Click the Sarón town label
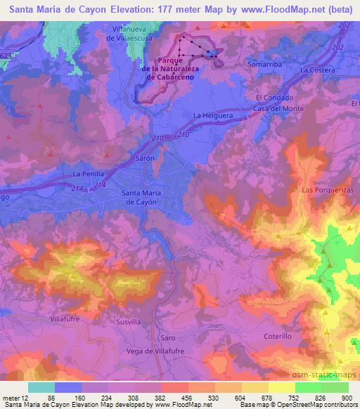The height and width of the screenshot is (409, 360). tap(145, 160)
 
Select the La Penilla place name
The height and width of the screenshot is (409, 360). tap(88, 173)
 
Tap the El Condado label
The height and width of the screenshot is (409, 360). tap(274, 98)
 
